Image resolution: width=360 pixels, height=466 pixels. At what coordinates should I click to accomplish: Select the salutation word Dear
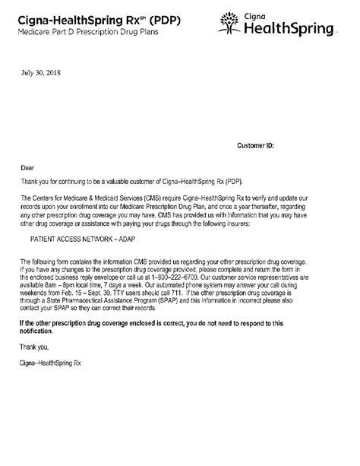[27, 165]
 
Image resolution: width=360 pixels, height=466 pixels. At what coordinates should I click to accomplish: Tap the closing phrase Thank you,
[35, 346]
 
